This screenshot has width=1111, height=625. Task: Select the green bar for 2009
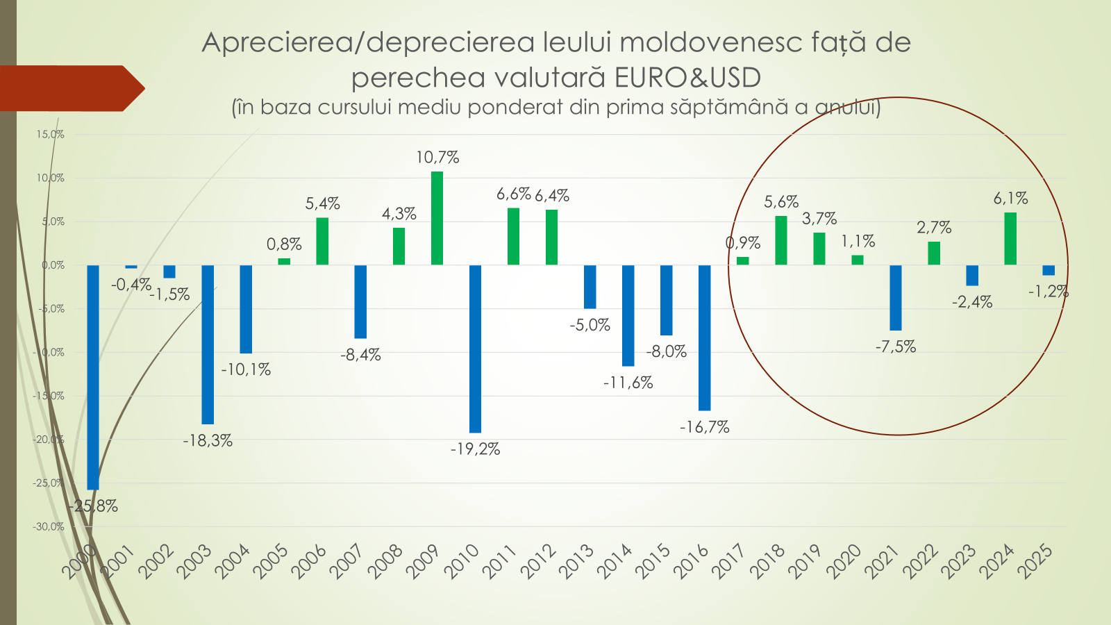(x=437, y=218)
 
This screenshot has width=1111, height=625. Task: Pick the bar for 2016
(x=704, y=337)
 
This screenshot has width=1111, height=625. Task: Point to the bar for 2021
(x=896, y=297)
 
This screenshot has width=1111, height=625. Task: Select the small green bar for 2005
(x=284, y=262)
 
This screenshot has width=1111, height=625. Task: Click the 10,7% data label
(x=437, y=158)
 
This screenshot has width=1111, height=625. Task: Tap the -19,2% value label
(x=475, y=449)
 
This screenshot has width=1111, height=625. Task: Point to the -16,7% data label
(x=704, y=428)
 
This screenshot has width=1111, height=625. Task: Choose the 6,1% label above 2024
(x=1010, y=199)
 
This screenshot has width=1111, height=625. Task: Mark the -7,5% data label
(x=896, y=347)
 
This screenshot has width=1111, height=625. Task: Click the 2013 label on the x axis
(x=576, y=561)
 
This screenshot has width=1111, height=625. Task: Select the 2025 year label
(x=1035, y=561)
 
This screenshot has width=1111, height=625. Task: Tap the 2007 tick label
(x=346, y=561)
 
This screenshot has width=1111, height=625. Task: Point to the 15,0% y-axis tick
(x=50, y=135)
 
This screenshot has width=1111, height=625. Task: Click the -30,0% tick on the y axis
(x=48, y=527)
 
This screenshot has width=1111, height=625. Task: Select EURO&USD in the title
(x=687, y=77)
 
